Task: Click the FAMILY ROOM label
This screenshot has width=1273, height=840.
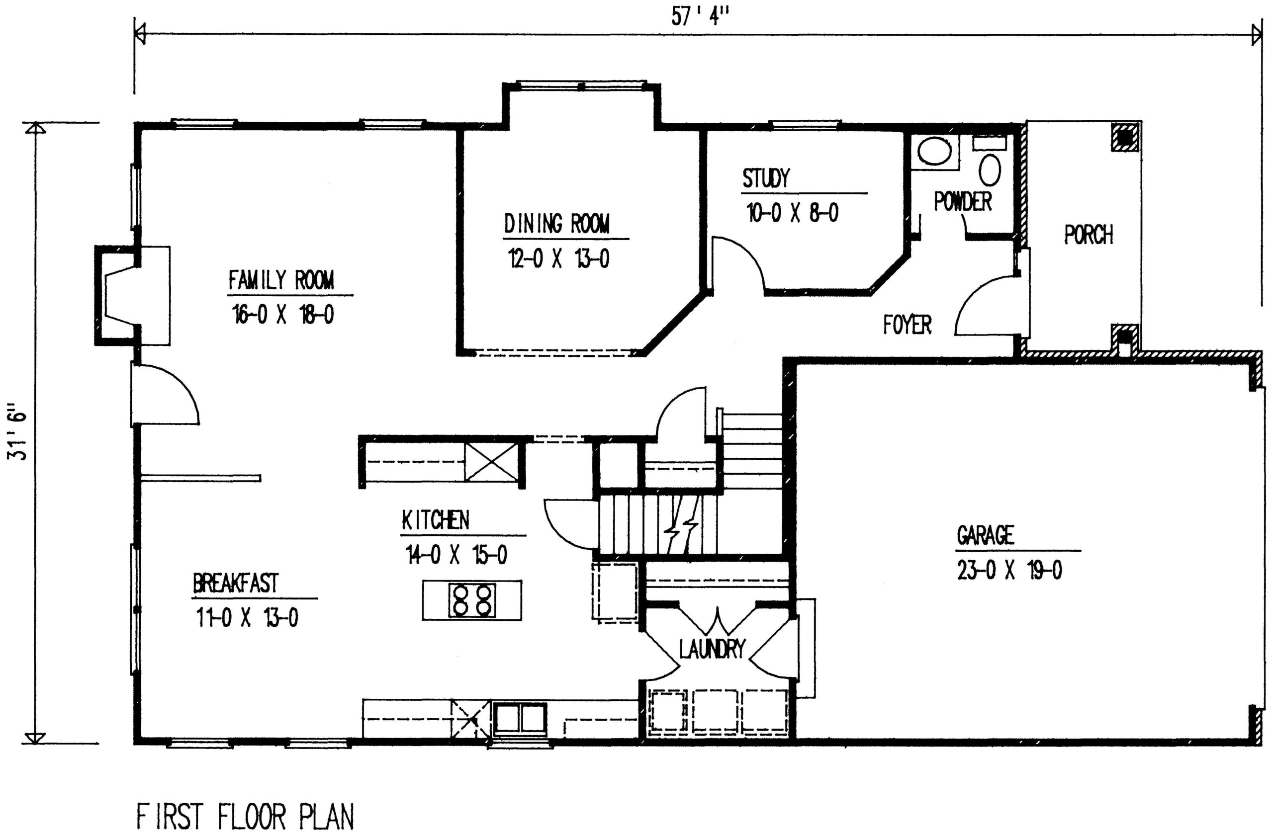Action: [x=281, y=280]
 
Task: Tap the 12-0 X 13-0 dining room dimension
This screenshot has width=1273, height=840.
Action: [x=558, y=259]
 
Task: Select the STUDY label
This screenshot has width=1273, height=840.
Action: [x=765, y=178]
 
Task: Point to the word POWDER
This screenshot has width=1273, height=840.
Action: [x=963, y=201]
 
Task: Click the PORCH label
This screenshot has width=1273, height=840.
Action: [x=1089, y=235]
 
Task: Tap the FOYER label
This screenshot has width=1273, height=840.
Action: [x=908, y=325]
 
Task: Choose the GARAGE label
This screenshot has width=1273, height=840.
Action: [x=986, y=535]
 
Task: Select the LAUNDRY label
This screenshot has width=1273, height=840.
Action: [x=713, y=649]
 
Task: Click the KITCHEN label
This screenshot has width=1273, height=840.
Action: [x=435, y=520]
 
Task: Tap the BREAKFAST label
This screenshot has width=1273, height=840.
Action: [x=236, y=584]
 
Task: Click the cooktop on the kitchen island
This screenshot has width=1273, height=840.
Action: [x=472, y=600]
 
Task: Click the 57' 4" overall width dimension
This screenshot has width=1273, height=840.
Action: [x=702, y=16]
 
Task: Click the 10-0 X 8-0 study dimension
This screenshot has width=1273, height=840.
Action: [x=793, y=214]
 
